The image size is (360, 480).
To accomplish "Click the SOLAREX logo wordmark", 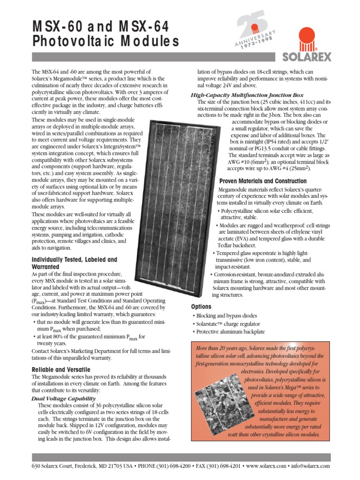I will point(307,57).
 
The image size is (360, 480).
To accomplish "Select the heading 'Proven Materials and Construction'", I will point(263,181).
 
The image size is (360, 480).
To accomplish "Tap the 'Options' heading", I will point(201,306).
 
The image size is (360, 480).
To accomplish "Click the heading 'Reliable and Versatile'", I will point(60,370).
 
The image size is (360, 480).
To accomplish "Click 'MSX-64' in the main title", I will point(135,26).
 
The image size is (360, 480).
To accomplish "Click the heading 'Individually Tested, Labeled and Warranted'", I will point(74,263).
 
